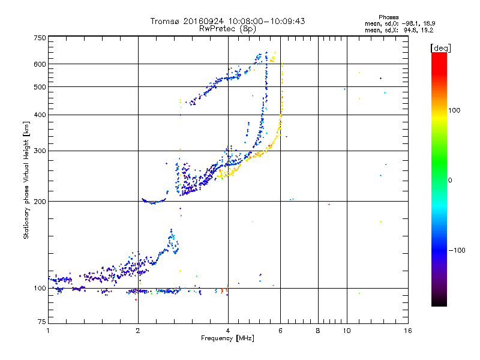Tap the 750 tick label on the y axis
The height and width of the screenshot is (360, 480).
[x=40, y=37]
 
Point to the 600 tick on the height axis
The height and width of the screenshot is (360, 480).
[x=40, y=64]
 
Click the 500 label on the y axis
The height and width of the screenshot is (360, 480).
[x=40, y=87]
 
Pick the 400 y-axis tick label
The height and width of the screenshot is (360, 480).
[x=40, y=115]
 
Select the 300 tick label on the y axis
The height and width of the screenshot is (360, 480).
[x=40, y=151]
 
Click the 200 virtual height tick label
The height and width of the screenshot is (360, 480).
[x=40, y=202]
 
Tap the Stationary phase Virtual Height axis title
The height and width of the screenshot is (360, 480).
[x=26, y=180]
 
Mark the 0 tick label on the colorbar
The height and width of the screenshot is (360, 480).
[x=451, y=180]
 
